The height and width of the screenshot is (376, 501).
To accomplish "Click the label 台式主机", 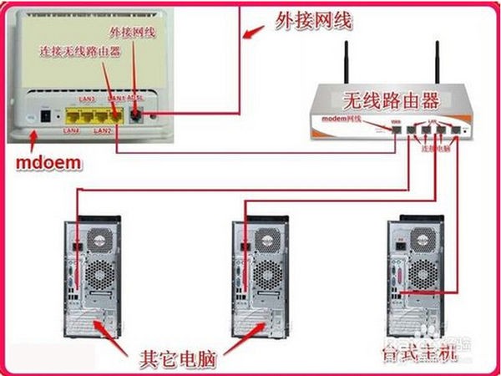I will pos(418,354).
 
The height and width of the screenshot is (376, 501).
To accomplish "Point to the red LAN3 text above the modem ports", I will pos(86,100).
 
